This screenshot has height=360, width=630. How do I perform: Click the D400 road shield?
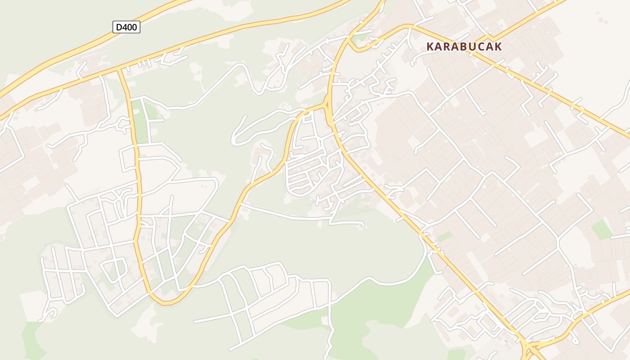point(126,27)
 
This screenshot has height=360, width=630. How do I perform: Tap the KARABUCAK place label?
point(464,46)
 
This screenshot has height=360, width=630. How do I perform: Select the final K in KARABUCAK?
point(498,46)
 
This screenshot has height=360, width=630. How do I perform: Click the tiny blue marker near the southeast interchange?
point(507,342)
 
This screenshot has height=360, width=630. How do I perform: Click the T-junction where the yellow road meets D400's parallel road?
point(119,70)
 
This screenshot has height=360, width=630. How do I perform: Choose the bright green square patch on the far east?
point(601,229)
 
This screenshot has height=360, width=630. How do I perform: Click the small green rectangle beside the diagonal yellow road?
point(444,236)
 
